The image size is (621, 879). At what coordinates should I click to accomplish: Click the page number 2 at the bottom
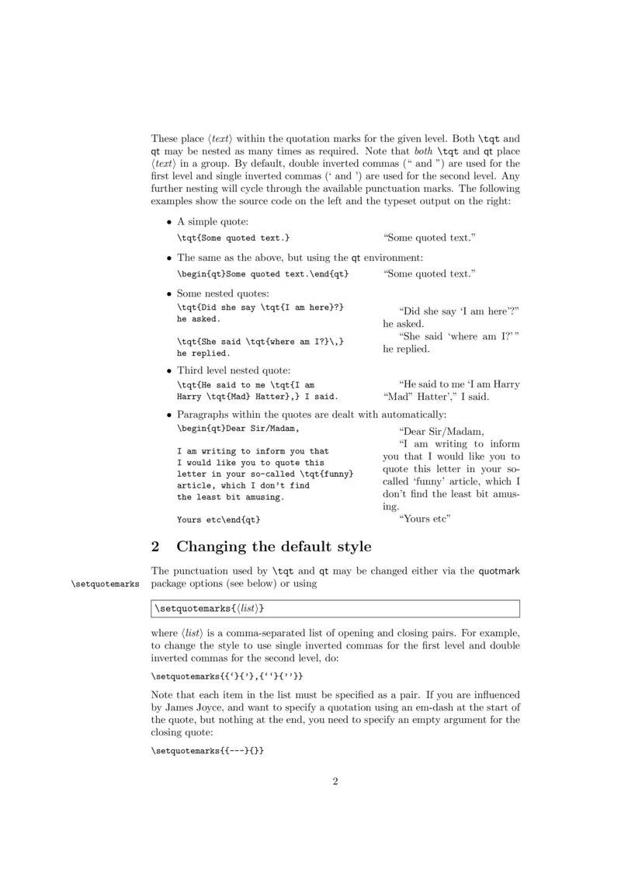(335, 781)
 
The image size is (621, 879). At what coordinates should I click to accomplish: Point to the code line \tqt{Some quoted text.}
(234, 238)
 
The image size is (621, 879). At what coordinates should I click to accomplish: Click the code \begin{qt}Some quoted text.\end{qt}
(262, 273)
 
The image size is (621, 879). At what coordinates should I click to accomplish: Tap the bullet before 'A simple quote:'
(169, 223)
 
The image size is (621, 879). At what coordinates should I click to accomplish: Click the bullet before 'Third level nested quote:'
(169, 370)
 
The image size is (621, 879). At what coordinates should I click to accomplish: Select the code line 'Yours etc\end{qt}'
(218, 519)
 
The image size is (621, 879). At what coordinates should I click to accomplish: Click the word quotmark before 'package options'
(498, 571)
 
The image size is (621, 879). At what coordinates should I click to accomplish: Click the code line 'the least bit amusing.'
(231, 497)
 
